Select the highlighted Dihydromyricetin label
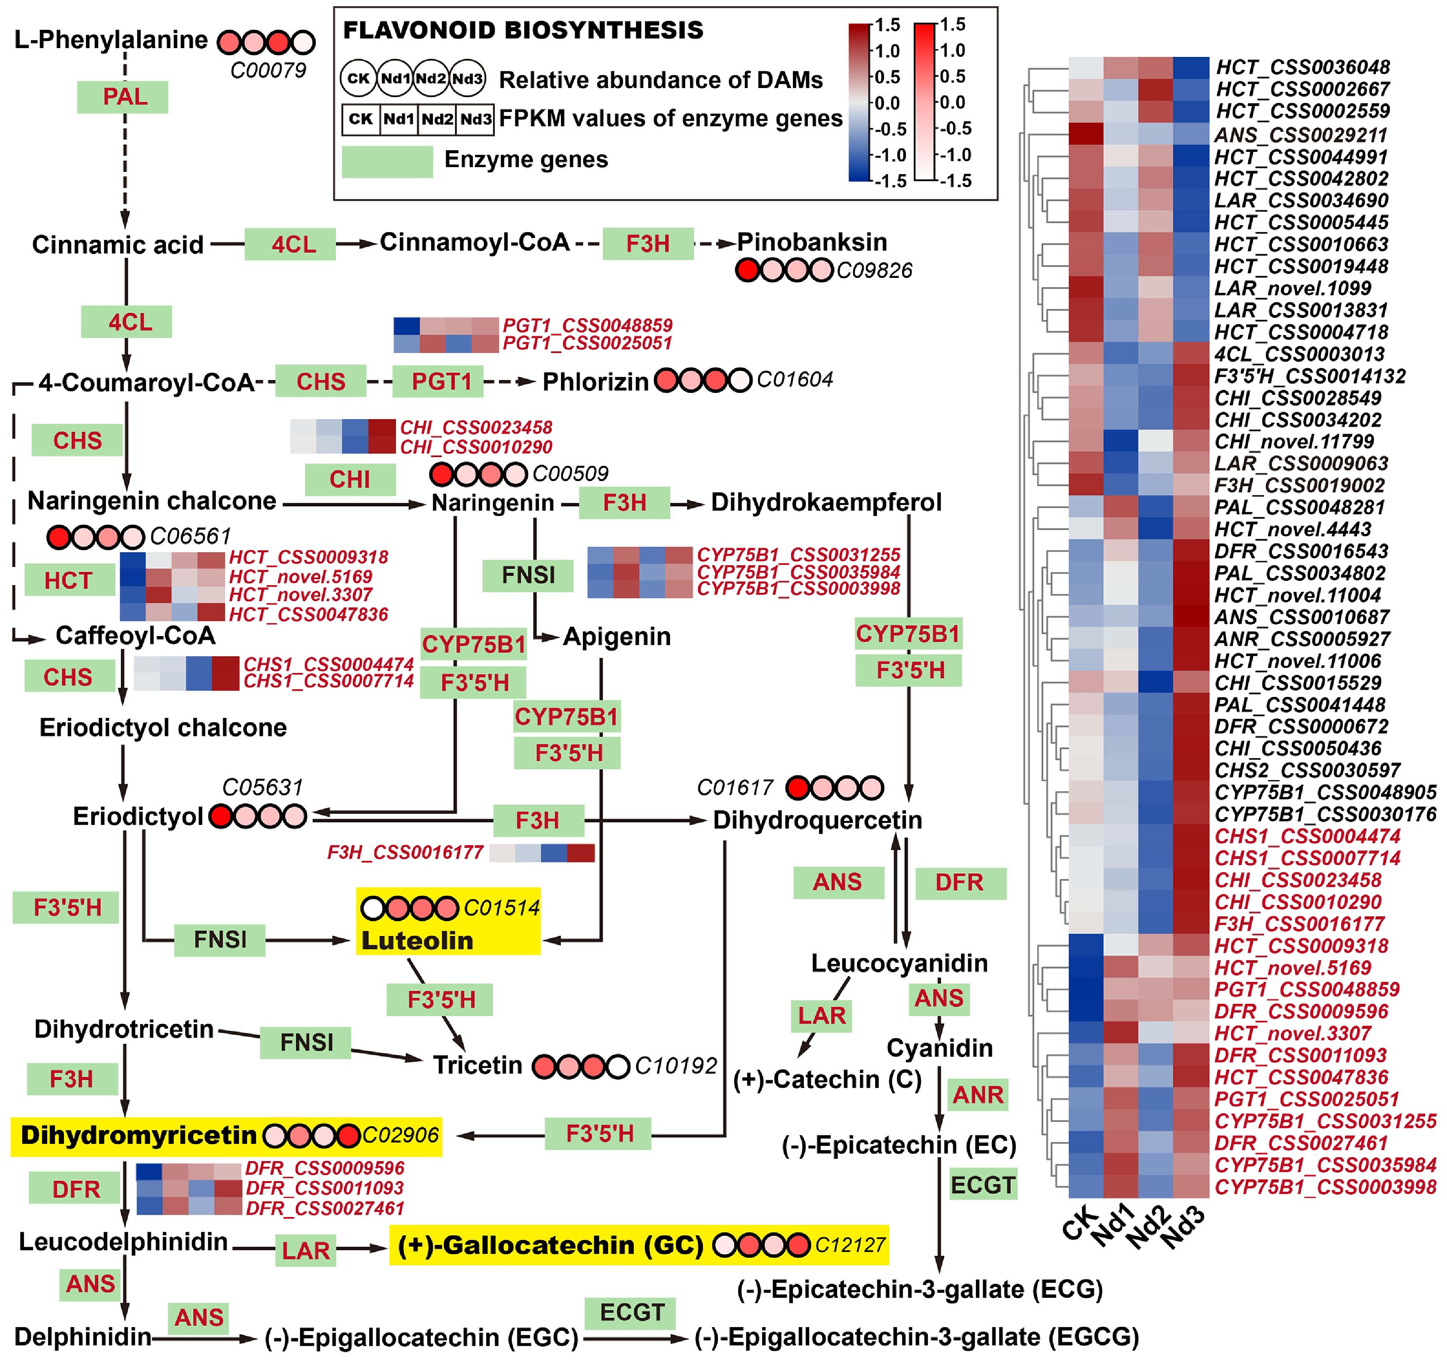pyautogui.click(x=138, y=1135)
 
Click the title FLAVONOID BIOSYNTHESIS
pyautogui.click(x=522, y=31)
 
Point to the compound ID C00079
pyautogui.click(x=268, y=70)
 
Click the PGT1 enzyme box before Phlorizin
pyautogui.click(x=438, y=382)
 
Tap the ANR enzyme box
pyautogui.click(x=978, y=1094)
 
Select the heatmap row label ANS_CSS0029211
pyautogui.click(x=1300, y=135)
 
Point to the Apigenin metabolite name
pyautogui.click(x=617, y=636)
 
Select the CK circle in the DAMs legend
pyautogui.click(x=358, y=79)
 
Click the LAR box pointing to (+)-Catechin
pyautogui.click(x=821, y=1015)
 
